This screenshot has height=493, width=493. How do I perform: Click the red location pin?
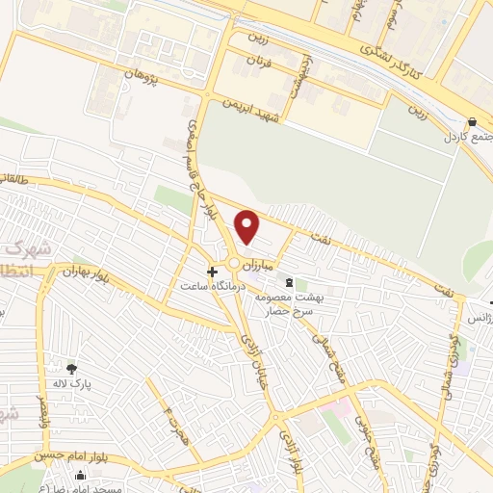(248, 226)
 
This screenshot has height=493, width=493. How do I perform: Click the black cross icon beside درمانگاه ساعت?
(213, 272)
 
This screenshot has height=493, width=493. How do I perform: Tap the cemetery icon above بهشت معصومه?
(289, 282)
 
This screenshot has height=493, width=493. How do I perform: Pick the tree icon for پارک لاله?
(71, 368)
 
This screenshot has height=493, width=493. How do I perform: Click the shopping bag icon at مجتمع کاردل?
(472, 122)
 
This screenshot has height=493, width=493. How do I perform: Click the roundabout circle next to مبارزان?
(234, 263)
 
